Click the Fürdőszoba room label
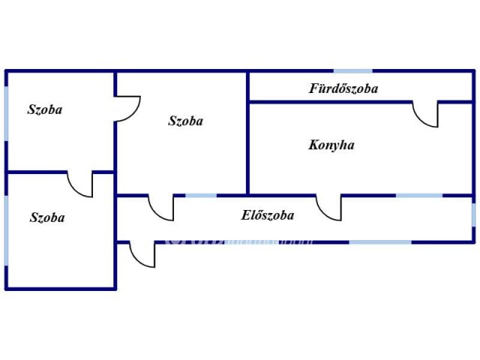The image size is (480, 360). point(343,88)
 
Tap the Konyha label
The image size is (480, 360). point(331,145)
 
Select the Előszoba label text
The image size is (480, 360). point(267,216)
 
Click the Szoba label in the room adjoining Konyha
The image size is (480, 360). point(185,121)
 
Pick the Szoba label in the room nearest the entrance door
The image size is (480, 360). point(46,218)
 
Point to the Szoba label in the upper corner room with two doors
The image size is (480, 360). point(45,110)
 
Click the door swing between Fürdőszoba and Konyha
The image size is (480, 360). point(426,115)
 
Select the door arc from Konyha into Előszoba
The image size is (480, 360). point(328,208)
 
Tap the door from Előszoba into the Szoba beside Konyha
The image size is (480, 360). point(161,208)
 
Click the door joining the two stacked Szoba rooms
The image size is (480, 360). point(80,184)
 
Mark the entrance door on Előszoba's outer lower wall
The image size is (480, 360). point(142,254)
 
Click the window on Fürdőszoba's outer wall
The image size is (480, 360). point(352,72)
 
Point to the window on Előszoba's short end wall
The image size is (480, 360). point(473,215)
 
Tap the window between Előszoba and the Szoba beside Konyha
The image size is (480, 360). point(201,196)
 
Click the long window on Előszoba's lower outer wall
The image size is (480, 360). point(380,241)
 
